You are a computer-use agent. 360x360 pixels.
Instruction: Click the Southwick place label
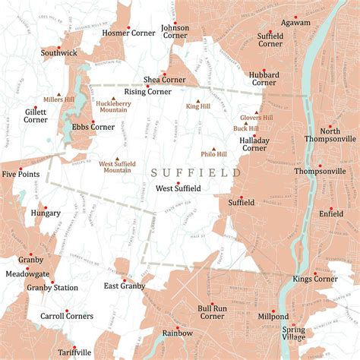tap(58, 53)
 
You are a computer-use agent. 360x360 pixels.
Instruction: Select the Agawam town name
tap(295, 23)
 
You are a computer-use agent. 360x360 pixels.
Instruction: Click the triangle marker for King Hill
tap(199, 99)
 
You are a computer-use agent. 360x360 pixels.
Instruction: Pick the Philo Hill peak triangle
tap(213, 150)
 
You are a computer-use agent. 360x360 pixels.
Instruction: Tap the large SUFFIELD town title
tap(195, 173)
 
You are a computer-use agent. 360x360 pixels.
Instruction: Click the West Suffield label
tap(178, 188)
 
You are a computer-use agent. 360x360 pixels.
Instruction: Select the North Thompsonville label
tap(330, 134)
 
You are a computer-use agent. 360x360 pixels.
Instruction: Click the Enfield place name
tap(331, 215)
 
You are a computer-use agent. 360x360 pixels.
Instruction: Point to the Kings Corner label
tap(315, 279)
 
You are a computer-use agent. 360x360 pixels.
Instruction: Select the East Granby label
tap(124, 286)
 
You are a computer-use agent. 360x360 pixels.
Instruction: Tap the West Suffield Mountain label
tap(117, 165)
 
